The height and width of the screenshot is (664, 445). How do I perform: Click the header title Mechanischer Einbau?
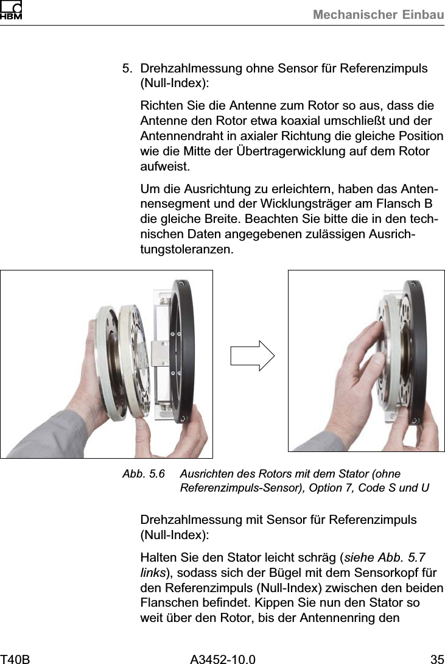378,15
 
